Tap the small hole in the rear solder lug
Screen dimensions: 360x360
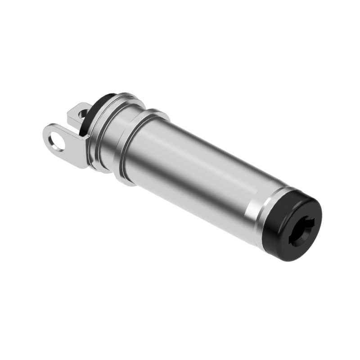coord(82,114)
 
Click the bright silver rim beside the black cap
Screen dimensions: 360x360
coord(263,216)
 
